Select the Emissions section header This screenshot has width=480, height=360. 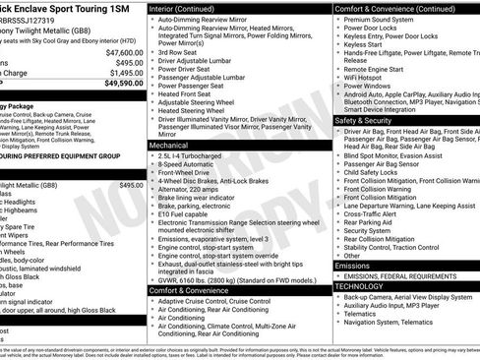point(353,266)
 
